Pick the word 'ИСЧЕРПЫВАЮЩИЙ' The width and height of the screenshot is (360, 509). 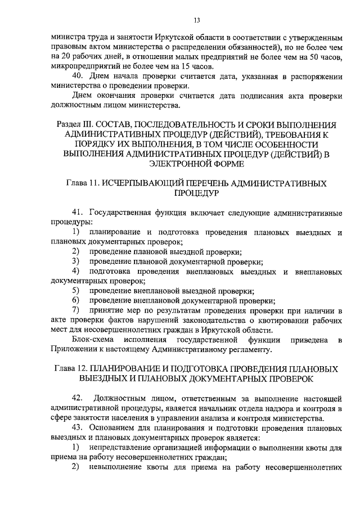coord(154,183)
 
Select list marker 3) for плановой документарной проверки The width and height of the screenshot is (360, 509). coord(76,262)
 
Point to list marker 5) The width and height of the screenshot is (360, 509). coord(76,291)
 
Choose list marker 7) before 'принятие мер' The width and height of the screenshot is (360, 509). coord(76,310)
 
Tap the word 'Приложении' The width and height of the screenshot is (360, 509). coord(75,350)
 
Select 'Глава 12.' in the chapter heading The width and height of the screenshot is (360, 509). coord(73,369)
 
